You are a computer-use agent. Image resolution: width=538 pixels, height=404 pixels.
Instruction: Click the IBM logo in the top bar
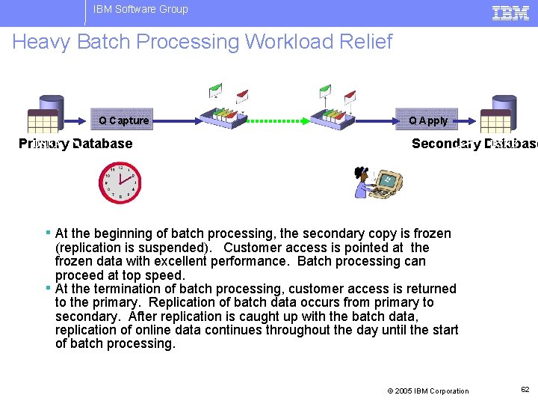click(511, 12)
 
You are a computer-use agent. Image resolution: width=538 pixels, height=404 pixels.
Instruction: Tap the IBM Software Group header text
click(140, 10)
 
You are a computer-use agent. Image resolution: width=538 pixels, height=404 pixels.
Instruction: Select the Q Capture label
click(123, 120)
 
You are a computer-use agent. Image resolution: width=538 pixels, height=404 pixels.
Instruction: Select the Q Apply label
click(428, 120)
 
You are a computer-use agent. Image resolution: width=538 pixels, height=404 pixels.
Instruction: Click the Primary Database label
click(75, 144)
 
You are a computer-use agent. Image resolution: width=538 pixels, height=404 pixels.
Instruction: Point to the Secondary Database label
click(474, 144)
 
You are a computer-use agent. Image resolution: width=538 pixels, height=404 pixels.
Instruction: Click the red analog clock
click(120, 183)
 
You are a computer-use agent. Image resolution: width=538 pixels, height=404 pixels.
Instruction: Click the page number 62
click(525, 390)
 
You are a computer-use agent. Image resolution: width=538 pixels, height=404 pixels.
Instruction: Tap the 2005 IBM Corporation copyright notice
click(427, 391)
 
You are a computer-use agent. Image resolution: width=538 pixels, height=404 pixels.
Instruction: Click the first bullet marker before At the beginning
click(49, 233)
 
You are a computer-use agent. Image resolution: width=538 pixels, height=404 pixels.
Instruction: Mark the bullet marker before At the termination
click(49, 288)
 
